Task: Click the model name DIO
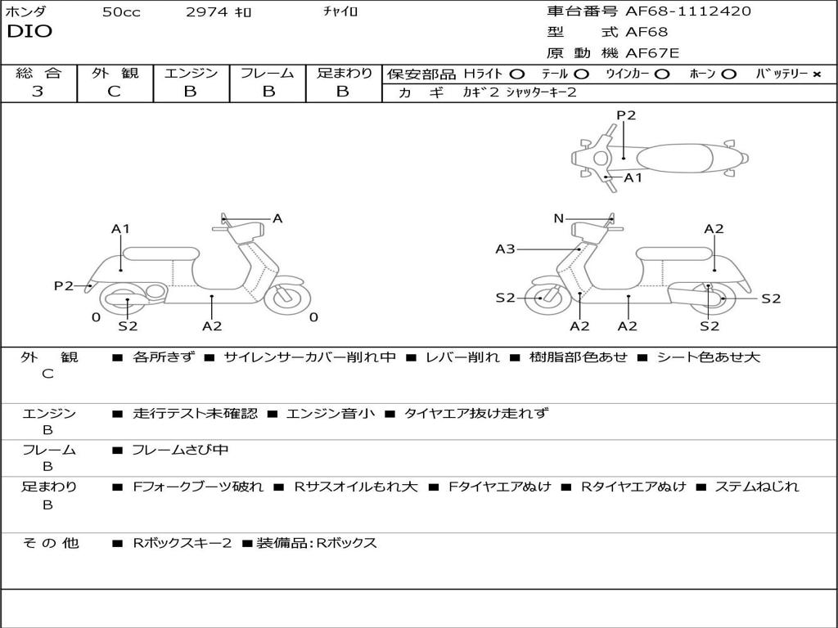(x=29, y=32)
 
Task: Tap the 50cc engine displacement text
(x=121, y=12)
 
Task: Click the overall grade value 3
(x=38, y=92)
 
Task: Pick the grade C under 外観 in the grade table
(x=115, y=92)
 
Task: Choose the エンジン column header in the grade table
(x=191, y=73)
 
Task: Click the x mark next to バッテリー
(x=817, y=74)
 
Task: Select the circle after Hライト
(x=517, y=74)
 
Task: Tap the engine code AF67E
(x=652, y=53)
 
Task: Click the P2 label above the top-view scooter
(x=626, y=115)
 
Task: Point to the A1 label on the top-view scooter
(x=633, y=177)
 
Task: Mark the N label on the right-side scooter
(x=559, y=218)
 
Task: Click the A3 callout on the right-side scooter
(x=505, y=249)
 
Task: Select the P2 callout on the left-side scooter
(x=64, y=285)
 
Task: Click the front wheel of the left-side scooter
(x=288, y=298)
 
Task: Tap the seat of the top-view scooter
(x=671, y=158)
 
